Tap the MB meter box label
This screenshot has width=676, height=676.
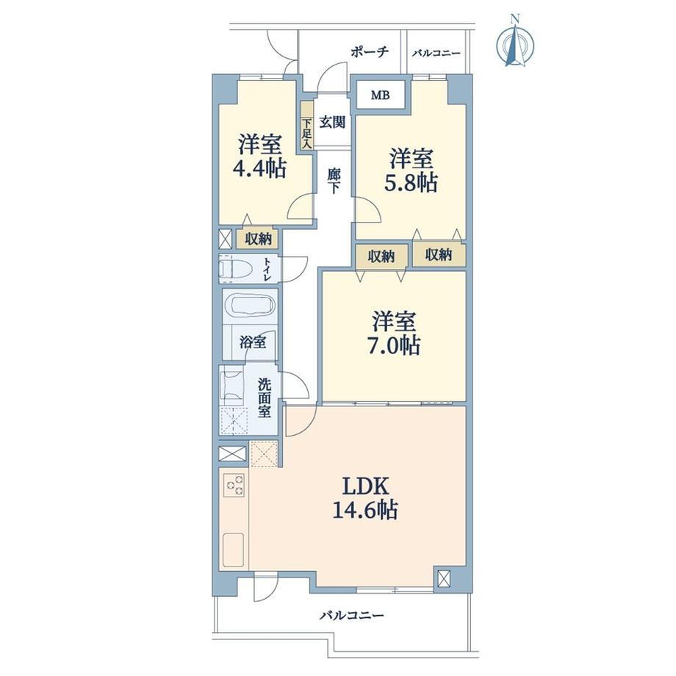(x=381, y=95)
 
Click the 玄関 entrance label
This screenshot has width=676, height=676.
(x=332, y=122)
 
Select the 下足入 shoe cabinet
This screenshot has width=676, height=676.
(x=306, y=126)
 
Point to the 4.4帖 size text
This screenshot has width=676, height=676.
(x=259, y=168)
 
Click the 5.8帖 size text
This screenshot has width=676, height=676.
(x=411, y=182)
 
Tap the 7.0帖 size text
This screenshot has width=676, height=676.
(x=394, y=345)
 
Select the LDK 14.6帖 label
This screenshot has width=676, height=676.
(x=366, y=498)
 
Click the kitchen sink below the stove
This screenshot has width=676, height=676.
(x=233, y=550)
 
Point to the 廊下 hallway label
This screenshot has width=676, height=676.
(x=334, y=181)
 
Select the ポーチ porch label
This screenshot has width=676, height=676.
(x=370, y=52)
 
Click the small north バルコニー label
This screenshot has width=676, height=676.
(x=436, y=54)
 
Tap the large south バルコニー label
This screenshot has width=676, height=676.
(x=351, y=615)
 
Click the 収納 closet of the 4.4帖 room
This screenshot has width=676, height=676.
(x=256, y=238)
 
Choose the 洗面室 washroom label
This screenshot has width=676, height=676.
(x=265, y=398)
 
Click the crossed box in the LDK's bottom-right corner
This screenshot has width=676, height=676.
(x=443, y=578)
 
